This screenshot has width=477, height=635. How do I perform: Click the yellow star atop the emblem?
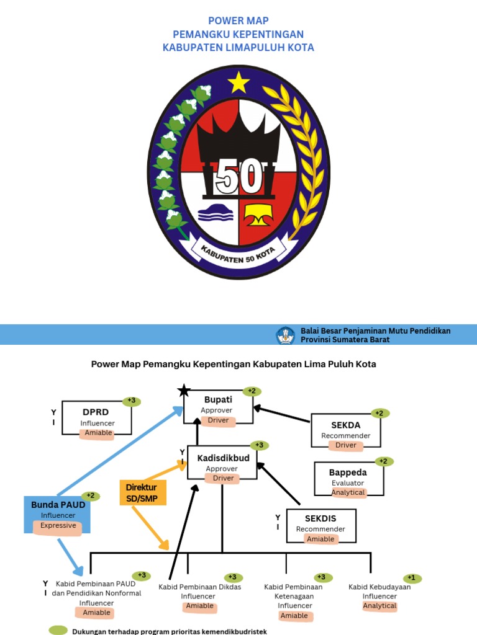[x=239, y=82]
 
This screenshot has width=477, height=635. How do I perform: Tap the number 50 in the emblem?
[x=239, y=179]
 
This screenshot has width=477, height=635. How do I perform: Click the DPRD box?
[x=97, y=418]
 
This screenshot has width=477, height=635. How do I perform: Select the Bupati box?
[x=218, y=407]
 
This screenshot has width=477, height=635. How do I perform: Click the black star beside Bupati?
[x=183, y=391]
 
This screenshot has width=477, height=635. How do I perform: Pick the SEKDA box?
[x=346, y=430]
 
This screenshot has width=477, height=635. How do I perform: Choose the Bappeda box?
[x=348, y=478]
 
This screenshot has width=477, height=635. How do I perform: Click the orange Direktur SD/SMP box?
[x=142, y=492]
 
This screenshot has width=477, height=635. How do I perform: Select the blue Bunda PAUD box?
[x=58, y=514]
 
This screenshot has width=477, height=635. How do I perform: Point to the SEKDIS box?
[x=320, y=526]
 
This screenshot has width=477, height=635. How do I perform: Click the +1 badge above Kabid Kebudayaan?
[x=412, y=578]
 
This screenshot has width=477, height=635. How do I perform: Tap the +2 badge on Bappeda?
[x=383, y=461]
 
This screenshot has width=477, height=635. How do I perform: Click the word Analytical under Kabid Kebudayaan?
[x=379, y=606]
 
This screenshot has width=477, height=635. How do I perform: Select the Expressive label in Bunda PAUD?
[x=58, y=526]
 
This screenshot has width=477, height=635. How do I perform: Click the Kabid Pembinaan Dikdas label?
[x=200, y=587]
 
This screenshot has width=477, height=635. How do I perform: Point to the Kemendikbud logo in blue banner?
[x=286, y=335]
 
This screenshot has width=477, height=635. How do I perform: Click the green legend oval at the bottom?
[x=58, y=630]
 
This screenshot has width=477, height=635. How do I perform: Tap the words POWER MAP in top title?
[x=238, y=20]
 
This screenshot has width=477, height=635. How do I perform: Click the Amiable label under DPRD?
[x=97, y=433]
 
